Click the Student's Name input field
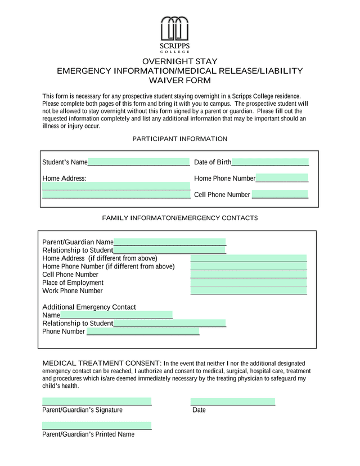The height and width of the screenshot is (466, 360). coord(138,162)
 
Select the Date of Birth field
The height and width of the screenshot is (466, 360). coord(270,162)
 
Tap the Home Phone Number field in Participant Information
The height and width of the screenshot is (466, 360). coord(282,178)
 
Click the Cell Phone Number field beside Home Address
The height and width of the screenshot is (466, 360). coord(280,195)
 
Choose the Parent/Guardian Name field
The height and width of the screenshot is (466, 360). coord(169,242)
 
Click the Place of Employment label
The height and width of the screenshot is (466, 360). coord(73,283)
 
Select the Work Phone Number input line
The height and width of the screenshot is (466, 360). coord(249,291)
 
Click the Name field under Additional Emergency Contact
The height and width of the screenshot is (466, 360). coord(116,315)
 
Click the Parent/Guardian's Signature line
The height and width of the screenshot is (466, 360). coord(97,402)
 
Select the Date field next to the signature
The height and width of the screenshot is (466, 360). coord(232,402)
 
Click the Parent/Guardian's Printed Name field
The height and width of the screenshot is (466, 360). coord(97,426)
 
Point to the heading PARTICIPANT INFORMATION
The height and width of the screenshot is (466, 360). coord(179,138)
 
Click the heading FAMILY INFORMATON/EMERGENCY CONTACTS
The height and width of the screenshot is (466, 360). coord(179,218)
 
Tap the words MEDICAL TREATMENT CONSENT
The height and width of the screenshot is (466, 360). coord(102,363)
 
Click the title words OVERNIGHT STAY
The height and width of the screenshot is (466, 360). coord(179,61)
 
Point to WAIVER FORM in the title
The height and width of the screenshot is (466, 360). coord(179,80)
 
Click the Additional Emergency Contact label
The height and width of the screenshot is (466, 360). coord(89,307)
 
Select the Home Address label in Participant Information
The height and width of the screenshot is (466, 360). coord(64,178)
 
